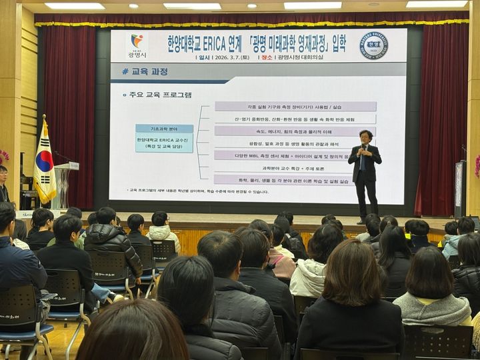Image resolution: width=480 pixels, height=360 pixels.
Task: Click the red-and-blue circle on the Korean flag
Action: (x=44, y=161)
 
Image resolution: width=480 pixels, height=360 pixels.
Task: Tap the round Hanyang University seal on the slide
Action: (x=374, y=45)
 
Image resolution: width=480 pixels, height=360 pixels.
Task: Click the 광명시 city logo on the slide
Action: (x=137, y=45)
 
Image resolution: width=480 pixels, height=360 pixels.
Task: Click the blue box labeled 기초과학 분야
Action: (x=164, y=129)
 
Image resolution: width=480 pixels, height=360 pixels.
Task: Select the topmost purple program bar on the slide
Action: (x=295, y=106)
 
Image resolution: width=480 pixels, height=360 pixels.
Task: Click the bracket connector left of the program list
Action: (x=203, y=142)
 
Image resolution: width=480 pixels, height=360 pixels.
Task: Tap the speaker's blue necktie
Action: (x=363, y=159)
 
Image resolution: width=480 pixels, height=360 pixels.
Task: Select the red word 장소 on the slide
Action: (x=266, y=57)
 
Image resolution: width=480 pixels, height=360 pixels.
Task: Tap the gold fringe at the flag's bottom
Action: (x=45, y=199)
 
